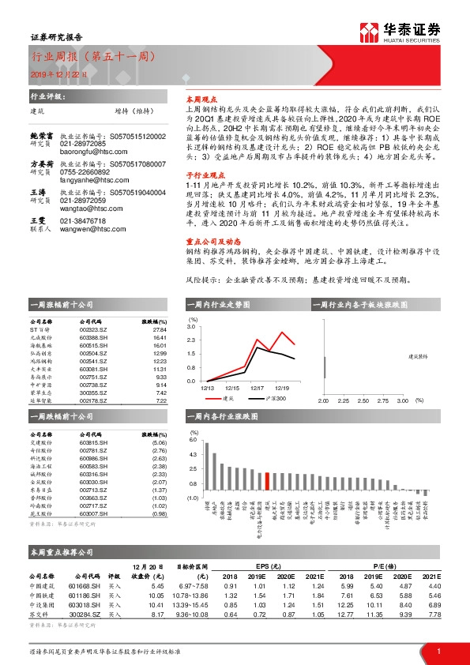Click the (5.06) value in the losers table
click(160, 444)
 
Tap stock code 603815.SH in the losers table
click(96, 444)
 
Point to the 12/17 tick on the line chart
click(258, 388)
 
